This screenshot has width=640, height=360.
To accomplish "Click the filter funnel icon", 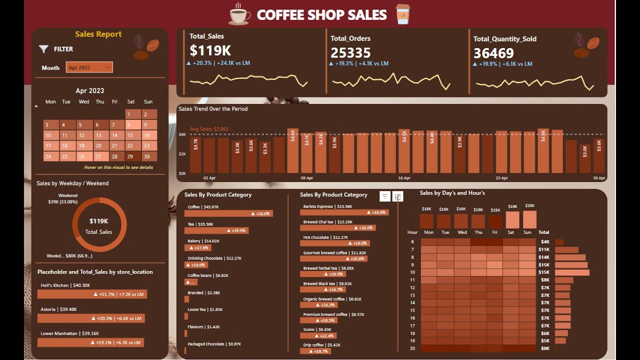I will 43,49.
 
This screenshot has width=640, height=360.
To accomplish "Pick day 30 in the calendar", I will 146,156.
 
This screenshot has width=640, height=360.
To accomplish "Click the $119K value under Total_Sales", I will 210,51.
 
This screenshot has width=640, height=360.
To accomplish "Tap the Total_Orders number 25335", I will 350,52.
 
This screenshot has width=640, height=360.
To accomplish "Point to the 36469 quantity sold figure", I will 493,53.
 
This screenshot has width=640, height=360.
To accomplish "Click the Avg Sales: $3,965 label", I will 209,129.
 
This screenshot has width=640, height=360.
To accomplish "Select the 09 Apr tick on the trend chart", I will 307,178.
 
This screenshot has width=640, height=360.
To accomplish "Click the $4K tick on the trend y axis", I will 182,134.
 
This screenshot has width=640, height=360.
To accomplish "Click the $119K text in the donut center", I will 98,221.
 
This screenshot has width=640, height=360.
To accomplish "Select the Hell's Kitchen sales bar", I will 92,294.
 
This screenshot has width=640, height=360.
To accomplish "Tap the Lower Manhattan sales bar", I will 90,342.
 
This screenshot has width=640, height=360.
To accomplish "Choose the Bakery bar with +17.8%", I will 198,247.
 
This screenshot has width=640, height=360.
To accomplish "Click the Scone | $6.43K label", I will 317,329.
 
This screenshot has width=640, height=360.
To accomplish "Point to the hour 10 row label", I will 412,272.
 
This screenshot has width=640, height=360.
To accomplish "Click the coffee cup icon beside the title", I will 239,14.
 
